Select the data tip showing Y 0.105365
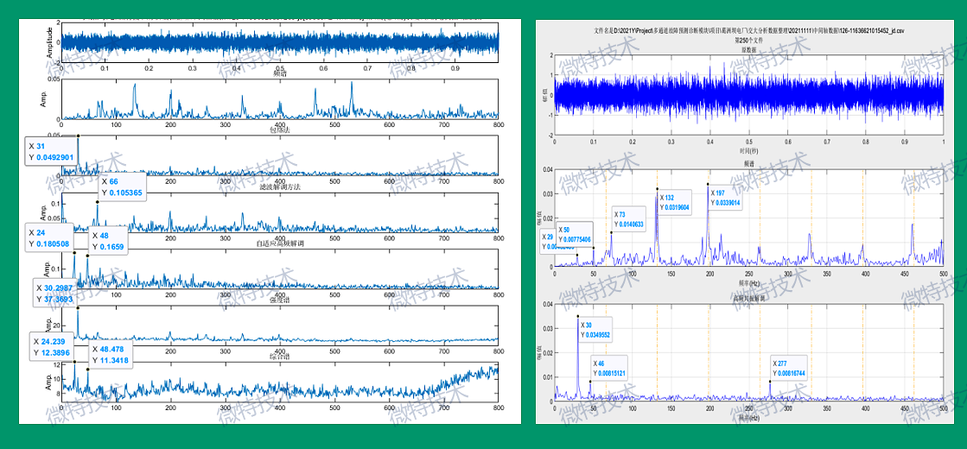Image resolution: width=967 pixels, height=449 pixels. (x=121, y=187)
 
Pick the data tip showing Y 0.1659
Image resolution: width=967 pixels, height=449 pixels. (x=105, y=241)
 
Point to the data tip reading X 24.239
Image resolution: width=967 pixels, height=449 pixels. (x=53, y=347)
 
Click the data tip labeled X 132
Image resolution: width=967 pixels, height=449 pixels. (x=674, y=203)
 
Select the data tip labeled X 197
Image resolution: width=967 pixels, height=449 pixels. (x=724, y=199)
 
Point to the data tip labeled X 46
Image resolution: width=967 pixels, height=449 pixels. (x=609, y=369)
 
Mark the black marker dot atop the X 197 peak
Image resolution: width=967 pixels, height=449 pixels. (x=707, y=184)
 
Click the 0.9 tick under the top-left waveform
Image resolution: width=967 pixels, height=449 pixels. (x=455, y=68)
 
